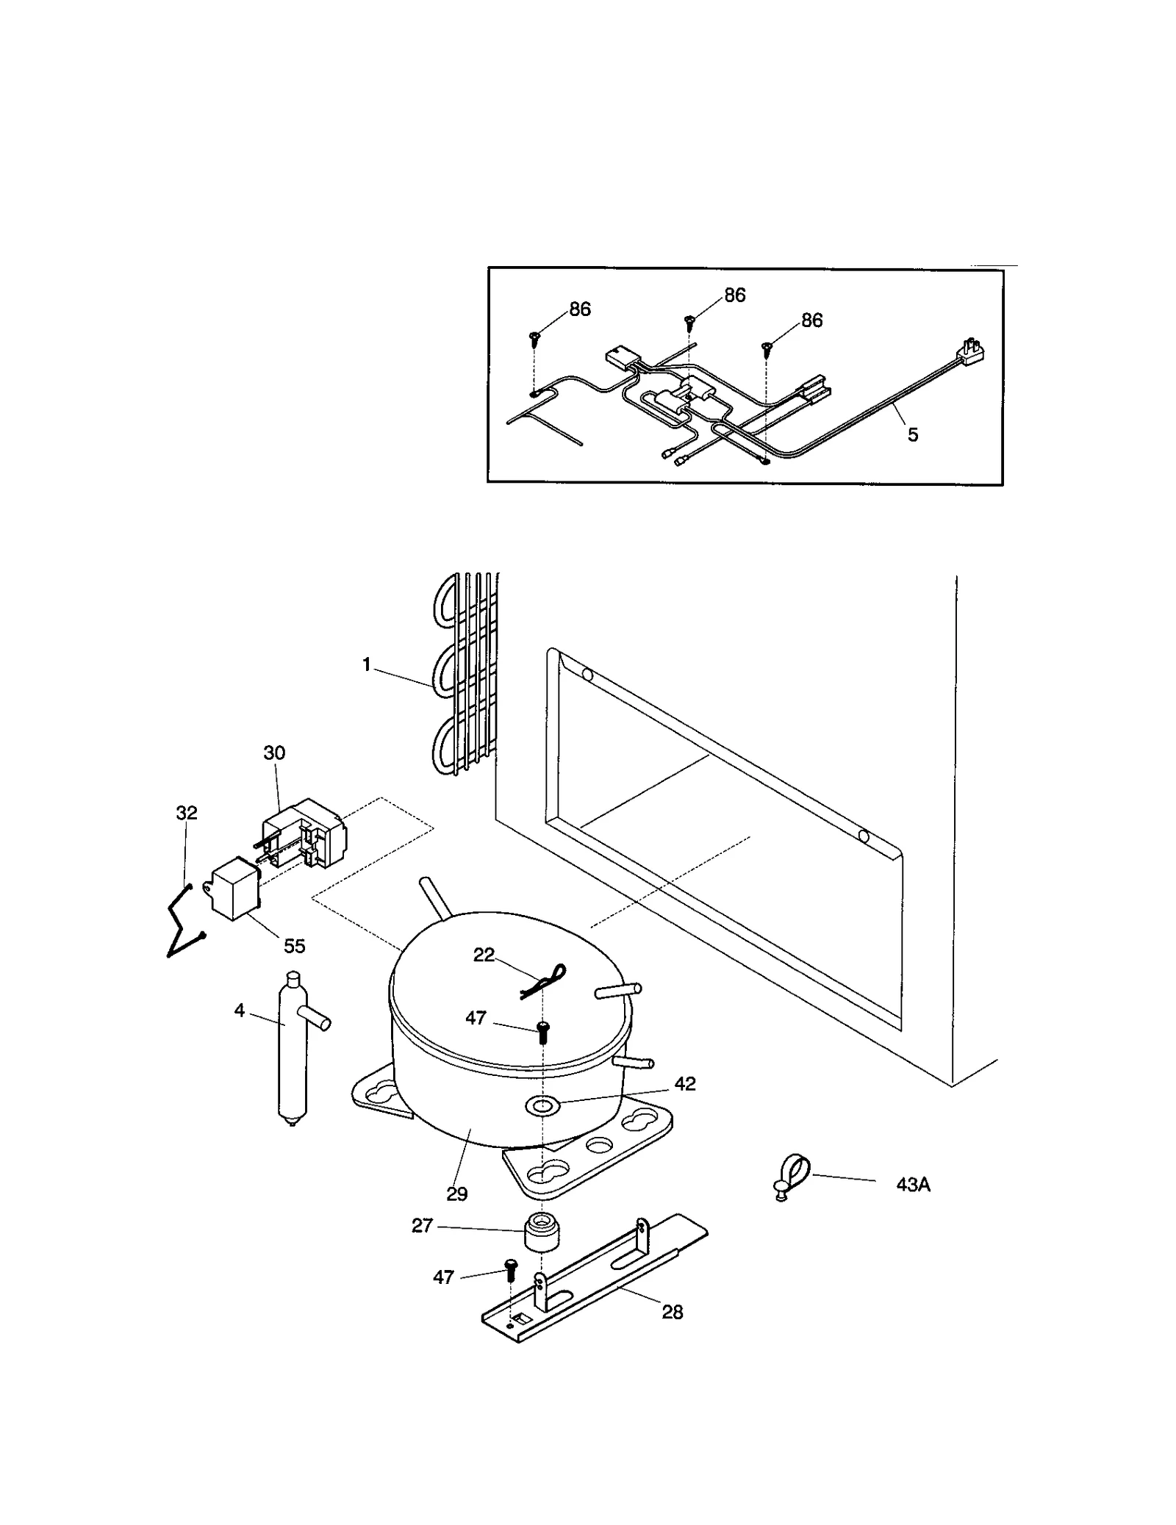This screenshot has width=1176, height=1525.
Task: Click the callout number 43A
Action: coord(912,1185)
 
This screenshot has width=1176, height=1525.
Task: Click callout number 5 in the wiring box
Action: coord(912,435)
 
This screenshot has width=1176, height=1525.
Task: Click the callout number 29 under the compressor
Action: coord(456,1194)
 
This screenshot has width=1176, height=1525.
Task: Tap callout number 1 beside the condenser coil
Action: coord(366,665)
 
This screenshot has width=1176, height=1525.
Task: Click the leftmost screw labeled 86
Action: coord(534,339)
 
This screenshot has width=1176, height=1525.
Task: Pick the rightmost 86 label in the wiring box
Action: coord(811,320)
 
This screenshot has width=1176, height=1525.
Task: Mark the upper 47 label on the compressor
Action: coord(476,1018)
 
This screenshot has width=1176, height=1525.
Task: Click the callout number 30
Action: coord(274,753)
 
